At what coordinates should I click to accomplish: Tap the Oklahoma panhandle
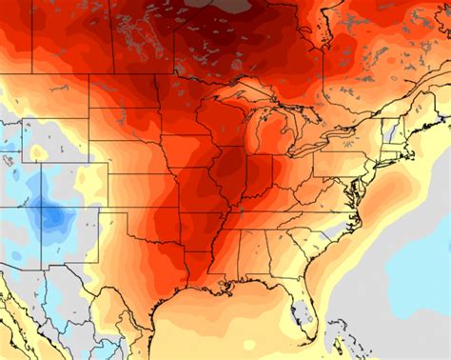tap(111, 215)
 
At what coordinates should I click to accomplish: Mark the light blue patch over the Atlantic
tap(419, 276)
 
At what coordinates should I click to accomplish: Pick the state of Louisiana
tap(206, 275)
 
